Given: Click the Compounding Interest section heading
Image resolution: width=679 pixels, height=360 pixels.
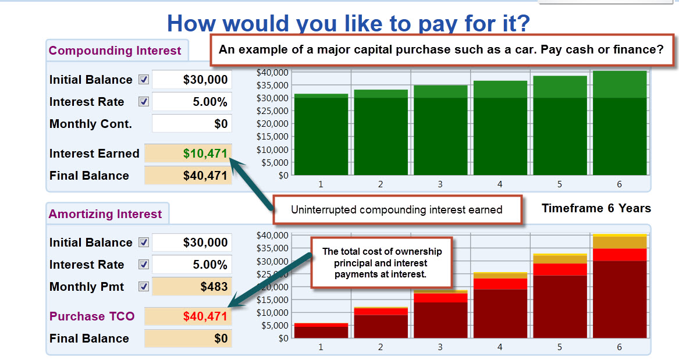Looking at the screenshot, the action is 114,51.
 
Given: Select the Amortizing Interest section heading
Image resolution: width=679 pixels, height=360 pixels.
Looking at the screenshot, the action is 105,214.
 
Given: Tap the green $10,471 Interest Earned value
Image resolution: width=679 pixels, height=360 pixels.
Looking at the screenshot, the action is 205,154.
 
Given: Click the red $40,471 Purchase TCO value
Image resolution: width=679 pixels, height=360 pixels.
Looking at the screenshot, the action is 205,316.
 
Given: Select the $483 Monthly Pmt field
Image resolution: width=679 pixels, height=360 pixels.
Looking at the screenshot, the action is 192,287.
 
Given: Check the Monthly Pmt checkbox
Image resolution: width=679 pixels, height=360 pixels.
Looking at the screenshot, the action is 144,287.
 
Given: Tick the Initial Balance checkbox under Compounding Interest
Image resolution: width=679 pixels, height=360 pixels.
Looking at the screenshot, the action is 144,80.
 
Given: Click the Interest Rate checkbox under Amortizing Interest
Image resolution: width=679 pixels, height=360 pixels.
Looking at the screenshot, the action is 144,265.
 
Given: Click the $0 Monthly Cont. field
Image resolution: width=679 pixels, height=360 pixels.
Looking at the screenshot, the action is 192,124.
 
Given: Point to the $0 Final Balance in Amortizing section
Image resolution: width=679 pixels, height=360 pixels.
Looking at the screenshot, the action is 221,338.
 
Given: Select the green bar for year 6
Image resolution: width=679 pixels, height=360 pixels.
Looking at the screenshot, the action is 620,123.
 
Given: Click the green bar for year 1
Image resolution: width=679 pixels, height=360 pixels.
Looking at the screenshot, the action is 321,134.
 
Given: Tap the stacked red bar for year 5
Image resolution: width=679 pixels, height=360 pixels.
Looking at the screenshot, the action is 560,295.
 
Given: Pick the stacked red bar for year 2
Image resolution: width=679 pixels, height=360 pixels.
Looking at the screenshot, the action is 381,322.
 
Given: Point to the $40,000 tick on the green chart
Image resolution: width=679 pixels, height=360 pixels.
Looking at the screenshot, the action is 272,72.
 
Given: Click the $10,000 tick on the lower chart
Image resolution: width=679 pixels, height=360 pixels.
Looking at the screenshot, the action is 272,312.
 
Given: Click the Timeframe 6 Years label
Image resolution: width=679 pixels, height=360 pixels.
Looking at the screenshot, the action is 596,209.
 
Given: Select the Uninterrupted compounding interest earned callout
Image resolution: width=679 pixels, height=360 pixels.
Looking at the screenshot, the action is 397,210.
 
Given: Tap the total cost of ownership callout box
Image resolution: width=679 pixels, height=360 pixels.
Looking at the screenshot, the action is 382,263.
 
